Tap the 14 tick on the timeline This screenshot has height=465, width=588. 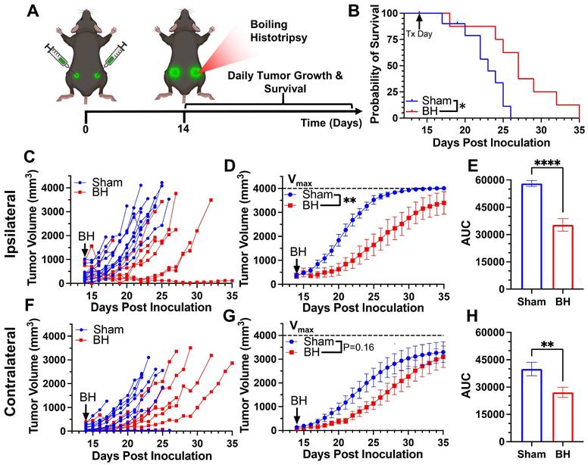pos(184,129)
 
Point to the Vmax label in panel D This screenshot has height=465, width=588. pos(300,179)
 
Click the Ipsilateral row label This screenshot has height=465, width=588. pos(11,230)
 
